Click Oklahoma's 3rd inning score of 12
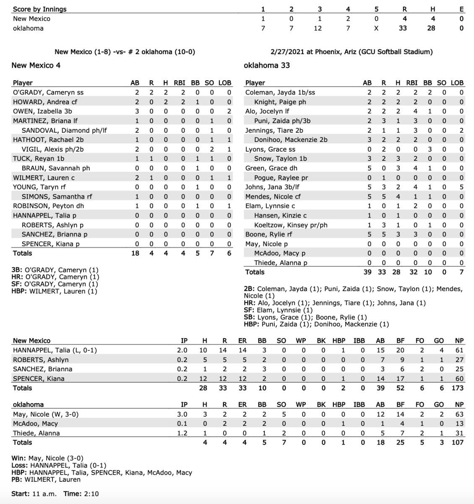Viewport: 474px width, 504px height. pyautogui.click(x=320, y=28)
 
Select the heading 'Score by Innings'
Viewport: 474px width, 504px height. pyautogui.click(x=39, y=9)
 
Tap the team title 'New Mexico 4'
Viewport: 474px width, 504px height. pyautogui.click(x=36, y=65)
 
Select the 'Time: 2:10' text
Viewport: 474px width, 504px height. pyautogui.click(x=81, y=493)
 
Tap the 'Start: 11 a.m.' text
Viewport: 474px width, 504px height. pyautogui.click(x=34, y=493)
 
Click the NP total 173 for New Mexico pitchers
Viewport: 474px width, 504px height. pyautogui.click(x=457, y=388)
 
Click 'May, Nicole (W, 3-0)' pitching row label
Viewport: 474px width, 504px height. pyautogui.click(x=46, y=415)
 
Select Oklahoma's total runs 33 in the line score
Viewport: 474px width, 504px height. pyautogui.click(x=404, y=28)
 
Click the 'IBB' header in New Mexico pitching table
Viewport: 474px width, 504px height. pyautogui.click(x=359, y=341)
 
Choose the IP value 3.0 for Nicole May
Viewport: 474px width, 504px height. pyautogui.click(x=182, y=415)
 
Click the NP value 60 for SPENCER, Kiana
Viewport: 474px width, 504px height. pyautogui.click(x=459, y=378)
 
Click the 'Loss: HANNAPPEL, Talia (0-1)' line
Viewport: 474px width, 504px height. pyautogui.click(x=59, y=465)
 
